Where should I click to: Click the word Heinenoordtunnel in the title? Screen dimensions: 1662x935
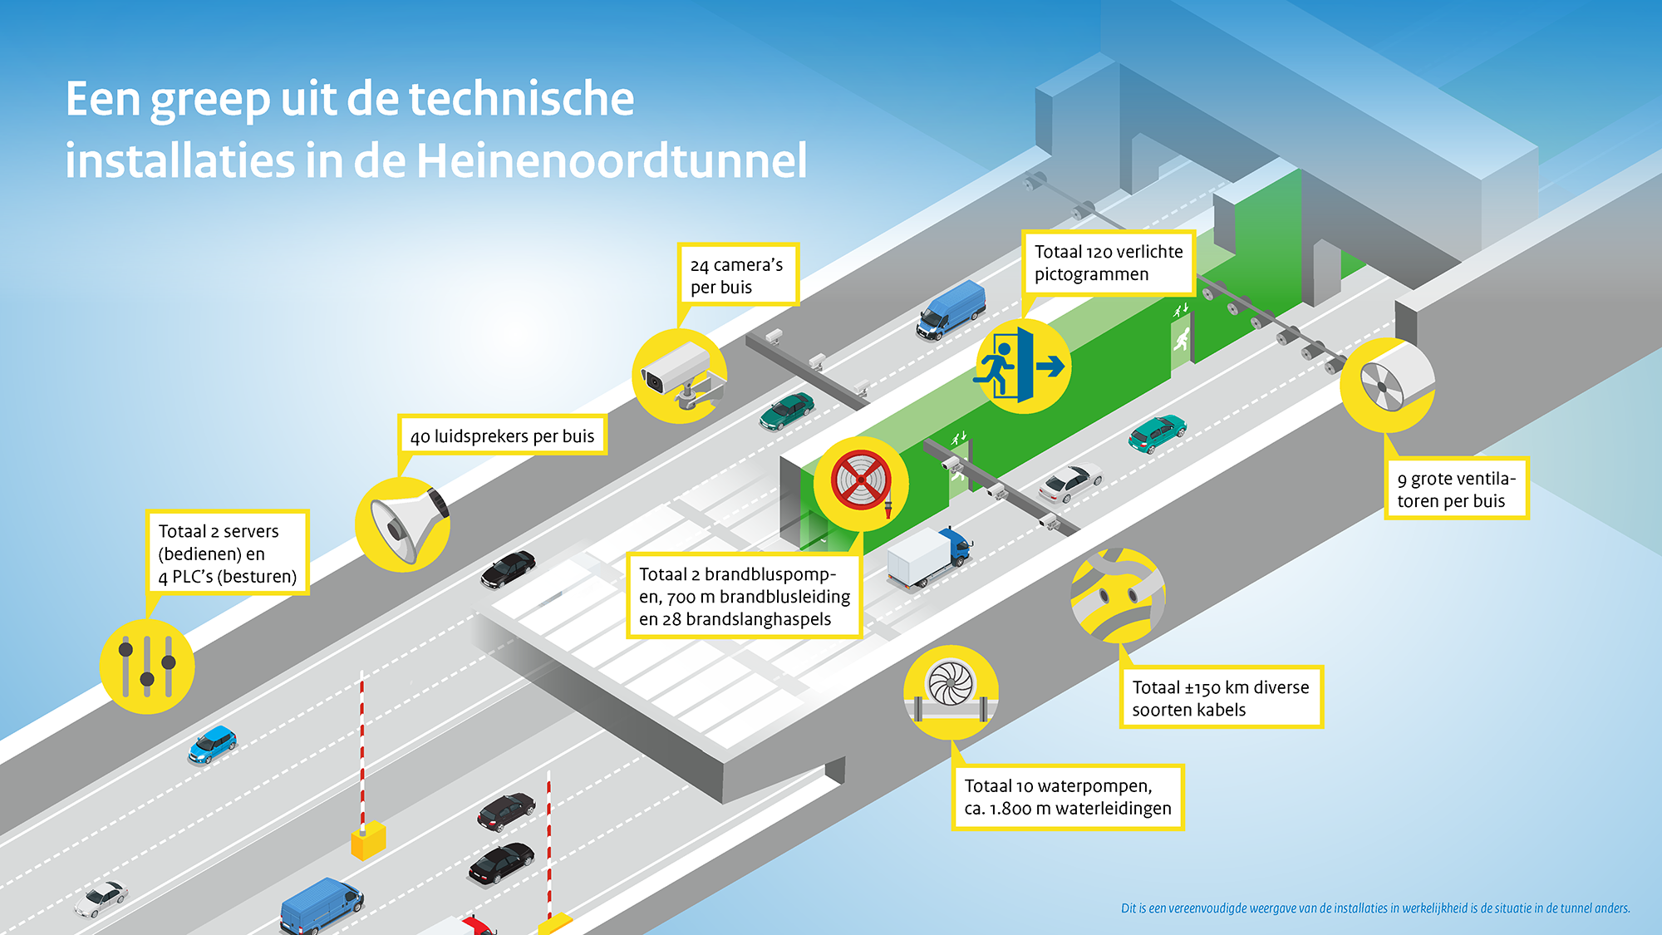click(612, 160)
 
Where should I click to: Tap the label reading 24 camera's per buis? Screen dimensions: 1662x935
click(738, 275)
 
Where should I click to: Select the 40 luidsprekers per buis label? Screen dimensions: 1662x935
click(502, 436)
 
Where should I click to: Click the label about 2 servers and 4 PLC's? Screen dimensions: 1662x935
click(228, 553)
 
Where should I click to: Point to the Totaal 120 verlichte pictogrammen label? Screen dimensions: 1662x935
click(1109, 263)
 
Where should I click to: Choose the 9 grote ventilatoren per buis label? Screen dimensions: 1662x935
click(1456, 490)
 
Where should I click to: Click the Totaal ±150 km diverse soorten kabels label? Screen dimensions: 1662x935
click(1221, 698)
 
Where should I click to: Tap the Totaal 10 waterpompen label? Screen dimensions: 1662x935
click(1068, 797)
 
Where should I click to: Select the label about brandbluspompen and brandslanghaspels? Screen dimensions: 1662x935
click(745, 596)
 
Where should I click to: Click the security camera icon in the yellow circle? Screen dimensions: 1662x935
click(680, 376)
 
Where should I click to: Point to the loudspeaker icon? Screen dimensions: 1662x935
click(403, 524)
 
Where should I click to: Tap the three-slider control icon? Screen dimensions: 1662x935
click(147, 667)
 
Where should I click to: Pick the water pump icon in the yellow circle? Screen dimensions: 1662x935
click(951, 692)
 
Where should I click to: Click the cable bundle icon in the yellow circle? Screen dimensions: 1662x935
click(1119, 596)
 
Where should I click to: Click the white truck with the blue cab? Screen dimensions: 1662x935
click(928, 558)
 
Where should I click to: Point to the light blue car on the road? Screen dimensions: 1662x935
click(213, 744)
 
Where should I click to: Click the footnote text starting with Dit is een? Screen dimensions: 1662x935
click(1375, 908)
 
